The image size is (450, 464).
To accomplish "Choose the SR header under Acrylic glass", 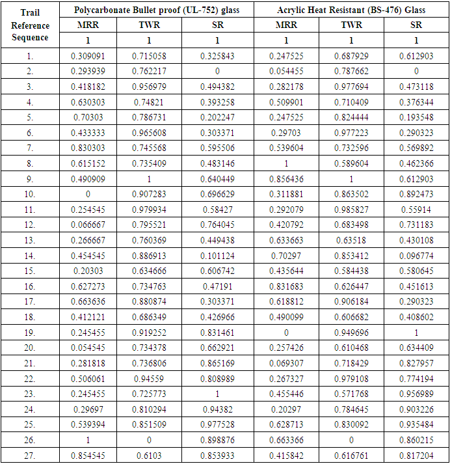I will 416,25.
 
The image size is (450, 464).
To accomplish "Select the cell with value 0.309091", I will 88,57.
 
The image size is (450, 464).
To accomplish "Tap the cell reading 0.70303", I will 88,118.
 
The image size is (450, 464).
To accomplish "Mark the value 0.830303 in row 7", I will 88,148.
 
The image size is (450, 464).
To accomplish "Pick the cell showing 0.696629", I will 217,194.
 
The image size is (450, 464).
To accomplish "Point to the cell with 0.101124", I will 217,255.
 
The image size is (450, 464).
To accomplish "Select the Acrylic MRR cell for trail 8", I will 286,163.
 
